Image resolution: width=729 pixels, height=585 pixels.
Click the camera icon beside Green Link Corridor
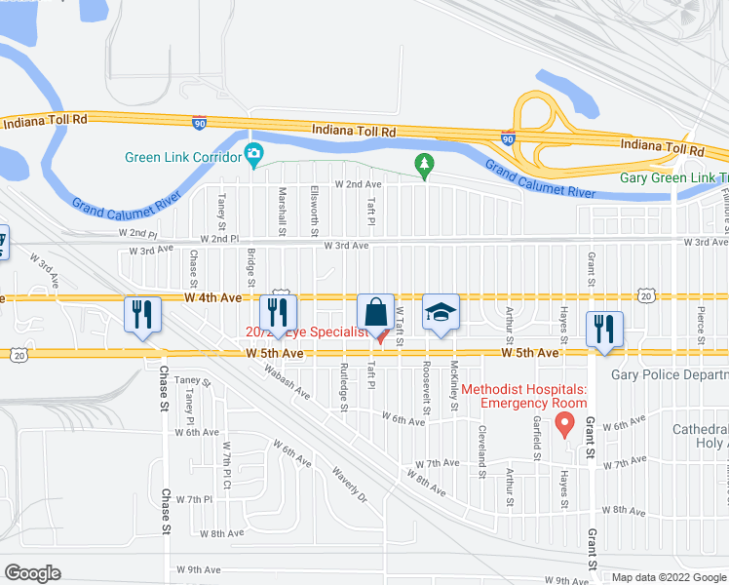coord(254,154)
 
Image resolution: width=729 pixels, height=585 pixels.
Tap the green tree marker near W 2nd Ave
coord(424,165)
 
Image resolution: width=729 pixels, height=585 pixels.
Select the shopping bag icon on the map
coord(375,312)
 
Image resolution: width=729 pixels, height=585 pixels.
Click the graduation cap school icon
coord(441,312)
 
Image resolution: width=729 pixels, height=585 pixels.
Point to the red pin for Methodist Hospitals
coord(563,424)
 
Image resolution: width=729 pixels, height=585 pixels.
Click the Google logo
coord(32,572)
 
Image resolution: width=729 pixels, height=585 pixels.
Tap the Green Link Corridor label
coord(183,157)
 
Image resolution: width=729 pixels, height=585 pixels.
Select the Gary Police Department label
coord(670,374)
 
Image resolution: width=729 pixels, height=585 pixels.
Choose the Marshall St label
coord(283,212)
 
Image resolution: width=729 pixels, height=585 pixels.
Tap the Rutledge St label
coord(344,386)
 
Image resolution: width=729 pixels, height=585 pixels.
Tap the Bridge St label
coord(251,266)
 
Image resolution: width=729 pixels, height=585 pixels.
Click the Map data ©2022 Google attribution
coord(668,576)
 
